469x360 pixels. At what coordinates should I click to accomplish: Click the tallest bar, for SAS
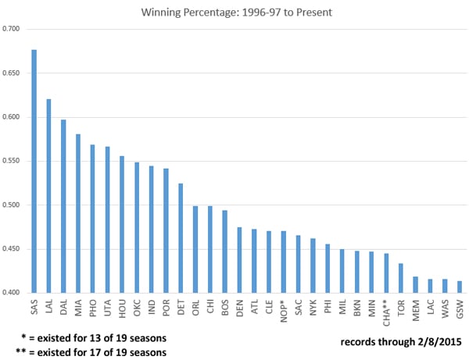point(34,171)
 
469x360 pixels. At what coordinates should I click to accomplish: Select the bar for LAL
point(48,196)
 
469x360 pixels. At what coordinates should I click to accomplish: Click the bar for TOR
point(400,278)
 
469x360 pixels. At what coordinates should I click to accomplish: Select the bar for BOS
point(224,251)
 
